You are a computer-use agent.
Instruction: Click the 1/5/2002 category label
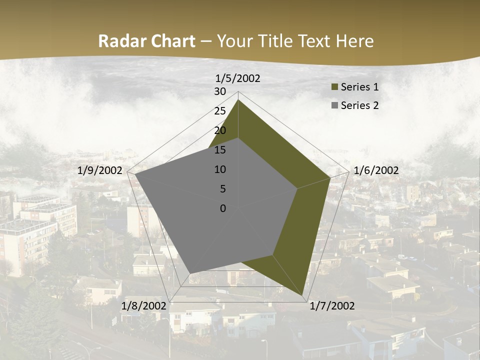click(x=238, y=78)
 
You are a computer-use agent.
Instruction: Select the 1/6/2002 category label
click(x=376, y=170)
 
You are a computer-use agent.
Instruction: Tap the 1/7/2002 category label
click(x=332, y=305)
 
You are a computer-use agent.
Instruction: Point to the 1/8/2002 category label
click(x=144, y=305)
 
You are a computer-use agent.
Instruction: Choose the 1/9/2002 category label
click(x=100, y=170)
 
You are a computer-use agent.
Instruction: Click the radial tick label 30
click(x=220, y=91)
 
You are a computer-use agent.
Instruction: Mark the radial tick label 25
click(x=220, y=111)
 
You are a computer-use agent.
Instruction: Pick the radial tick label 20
click(x=220, y=130)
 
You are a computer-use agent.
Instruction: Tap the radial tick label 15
click(x=220, y=150)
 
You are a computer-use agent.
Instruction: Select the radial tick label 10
click(x=220, y=169)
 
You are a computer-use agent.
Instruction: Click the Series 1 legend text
click(x=359, y=87)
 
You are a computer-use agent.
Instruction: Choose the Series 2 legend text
click(x=359, y=105)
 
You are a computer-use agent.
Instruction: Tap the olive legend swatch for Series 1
click(x=335, y=87)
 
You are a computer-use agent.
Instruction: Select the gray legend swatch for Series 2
click(x=335, y=106)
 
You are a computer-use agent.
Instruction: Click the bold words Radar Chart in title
click(x=146, y=41)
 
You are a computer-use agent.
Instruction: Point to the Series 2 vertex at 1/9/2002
click(x=135, y=174)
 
